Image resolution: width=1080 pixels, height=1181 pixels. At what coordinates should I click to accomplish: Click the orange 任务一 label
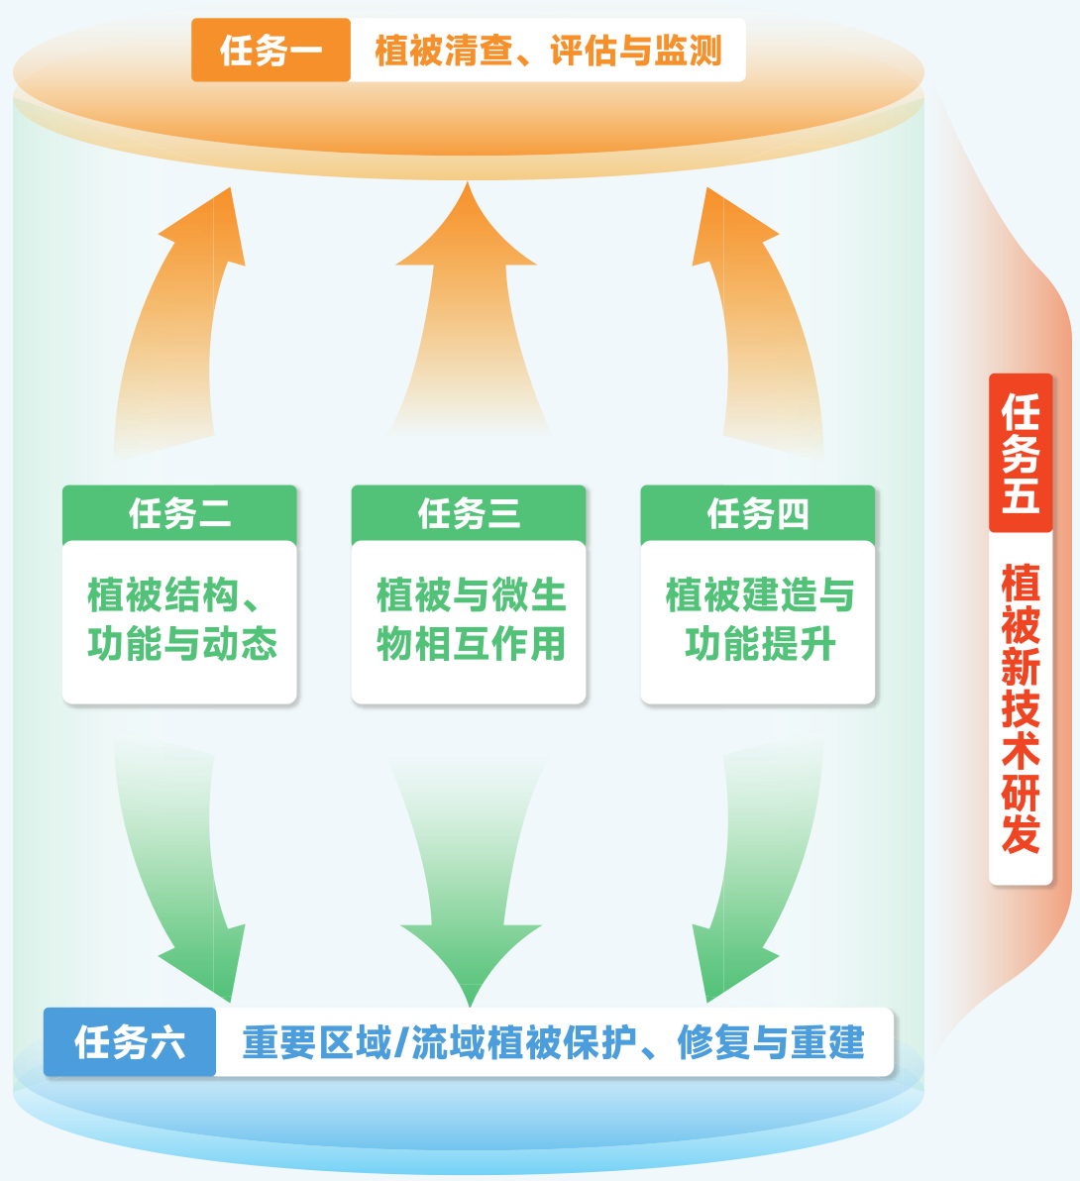click(x=270, y=50)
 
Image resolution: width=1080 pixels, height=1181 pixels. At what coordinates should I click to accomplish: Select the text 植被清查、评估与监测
click(x=548, y=51)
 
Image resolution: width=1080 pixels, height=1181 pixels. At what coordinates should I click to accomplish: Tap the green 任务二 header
click(x=179, y=513)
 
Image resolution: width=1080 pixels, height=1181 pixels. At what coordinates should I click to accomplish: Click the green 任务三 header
click(x=469, y=513)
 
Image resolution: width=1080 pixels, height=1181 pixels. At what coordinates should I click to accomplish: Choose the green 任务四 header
click(x=758, y=513)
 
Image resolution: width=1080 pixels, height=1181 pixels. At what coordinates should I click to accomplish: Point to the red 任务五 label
click(x=1021, y=453)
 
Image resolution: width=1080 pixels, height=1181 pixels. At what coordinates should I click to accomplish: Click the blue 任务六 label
click(x=130, y=1042)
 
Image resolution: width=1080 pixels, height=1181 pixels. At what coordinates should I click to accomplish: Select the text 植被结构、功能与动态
click(x=180, y=620)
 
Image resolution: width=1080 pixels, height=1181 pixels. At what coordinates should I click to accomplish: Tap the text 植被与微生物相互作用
click(x=470, y=620)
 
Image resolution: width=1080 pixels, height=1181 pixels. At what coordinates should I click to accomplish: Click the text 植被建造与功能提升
click(x=759, y=620)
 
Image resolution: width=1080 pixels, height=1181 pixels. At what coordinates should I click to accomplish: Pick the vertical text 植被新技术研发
click(x=1021, y=708)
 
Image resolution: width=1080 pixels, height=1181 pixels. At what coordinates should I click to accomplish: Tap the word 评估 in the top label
click(x=584, y=51)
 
